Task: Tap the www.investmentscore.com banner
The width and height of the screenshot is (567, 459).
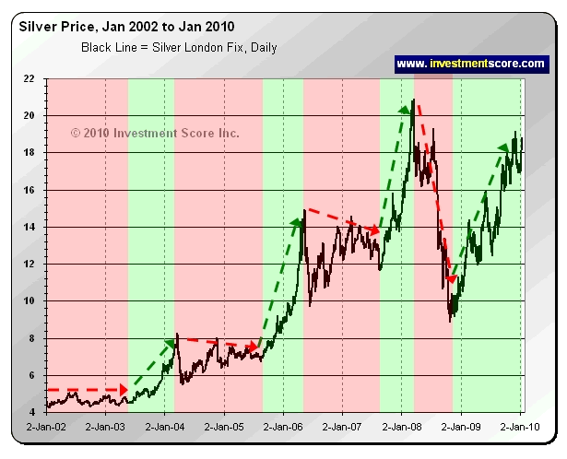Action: click(x=471, y=64)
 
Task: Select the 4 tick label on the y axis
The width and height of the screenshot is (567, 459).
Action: click(x=34, y=412)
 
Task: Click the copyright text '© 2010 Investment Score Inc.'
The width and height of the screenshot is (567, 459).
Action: click(x=155, y=134)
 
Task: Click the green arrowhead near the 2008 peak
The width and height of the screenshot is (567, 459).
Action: click(x=405, y=112)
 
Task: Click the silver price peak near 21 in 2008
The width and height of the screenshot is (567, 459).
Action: click(x=413, y=100)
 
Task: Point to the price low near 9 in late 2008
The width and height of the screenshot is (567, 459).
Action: click(x=450, y=320)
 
